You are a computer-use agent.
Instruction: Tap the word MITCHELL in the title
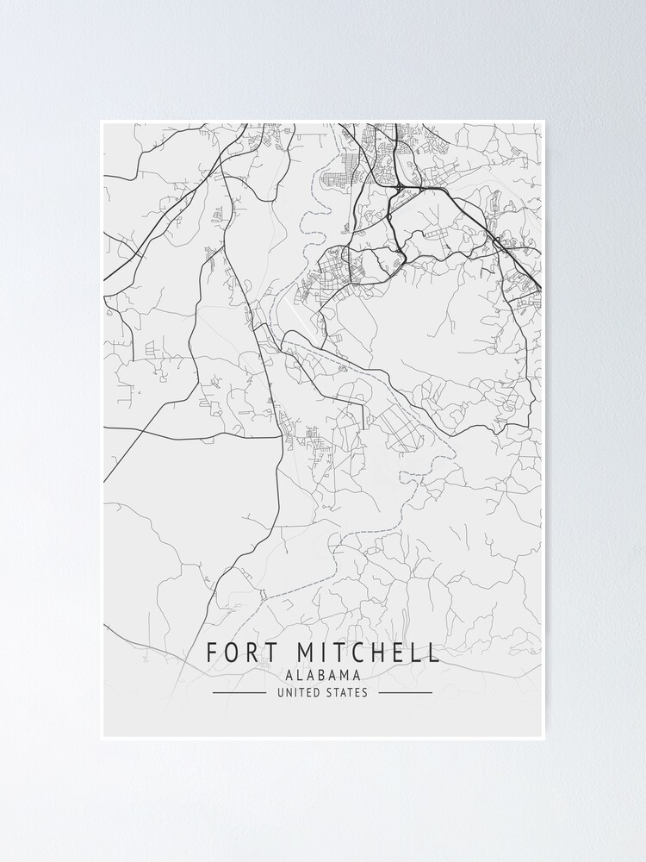370,653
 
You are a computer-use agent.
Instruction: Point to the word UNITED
299,692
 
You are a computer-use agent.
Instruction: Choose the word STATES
346,692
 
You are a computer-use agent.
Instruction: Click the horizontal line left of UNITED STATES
239,692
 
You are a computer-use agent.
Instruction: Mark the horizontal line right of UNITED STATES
406,692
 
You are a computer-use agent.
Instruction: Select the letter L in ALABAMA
297,676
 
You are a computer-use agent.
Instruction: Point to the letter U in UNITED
281,692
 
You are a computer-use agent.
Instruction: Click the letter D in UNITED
317,692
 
